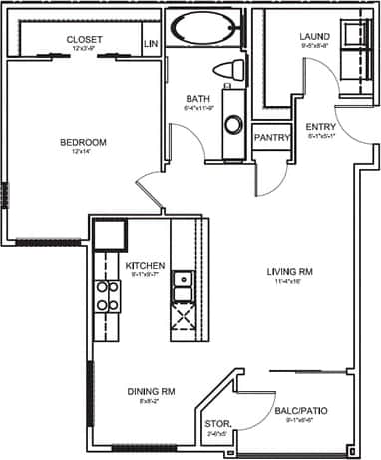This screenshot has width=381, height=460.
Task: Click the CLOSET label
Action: pos(85,39)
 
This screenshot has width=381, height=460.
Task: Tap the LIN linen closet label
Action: pos(152,44)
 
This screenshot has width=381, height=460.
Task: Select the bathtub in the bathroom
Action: pos(204,28)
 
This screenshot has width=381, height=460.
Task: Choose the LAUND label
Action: pos(313,37)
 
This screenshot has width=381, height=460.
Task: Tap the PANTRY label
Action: pos(271,137)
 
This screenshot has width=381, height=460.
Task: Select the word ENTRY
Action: pos(320,126)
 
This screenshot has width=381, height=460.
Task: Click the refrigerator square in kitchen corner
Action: pos(109,235)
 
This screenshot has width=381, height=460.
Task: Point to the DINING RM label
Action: pos(150,393)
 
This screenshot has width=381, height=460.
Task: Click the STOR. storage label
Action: pos(215,424)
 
